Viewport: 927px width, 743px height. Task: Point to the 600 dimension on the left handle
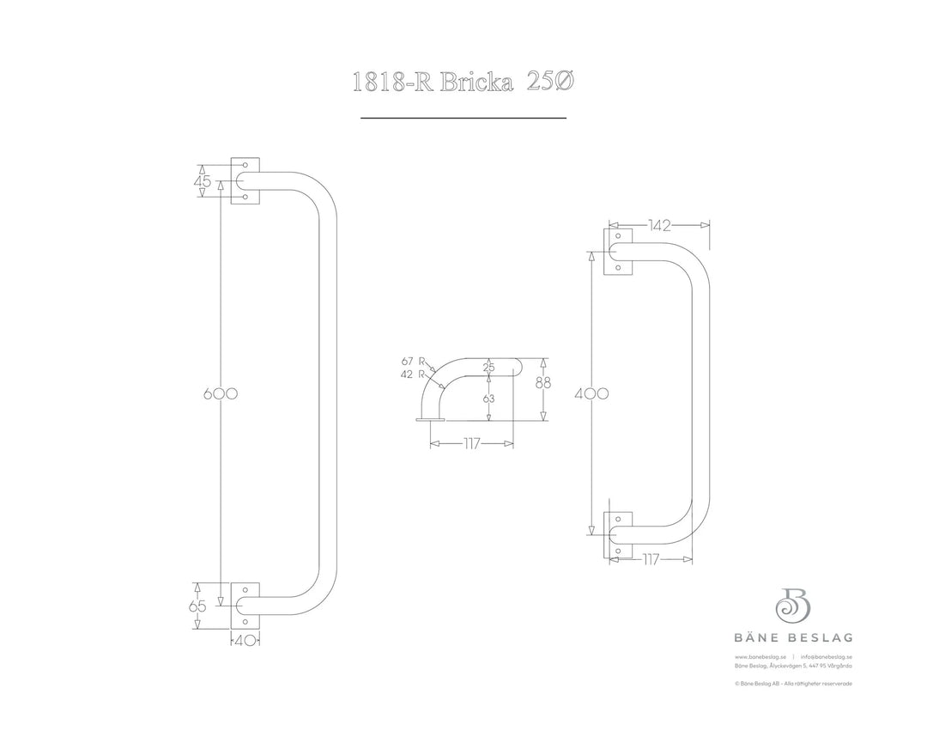pyautogui.click(x=220, y=393)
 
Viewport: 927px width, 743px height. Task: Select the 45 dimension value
pyautogui.click(x=203, y=182)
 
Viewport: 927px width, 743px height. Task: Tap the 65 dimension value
pyautogui.click(x=198, y=606)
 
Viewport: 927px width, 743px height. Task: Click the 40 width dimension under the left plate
pyautogui.click(x=245, y=639)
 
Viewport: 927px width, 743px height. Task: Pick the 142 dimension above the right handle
pyautogui.click(x=659, y=226)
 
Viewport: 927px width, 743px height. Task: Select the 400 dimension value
pyautogui.click(x=592, y=393)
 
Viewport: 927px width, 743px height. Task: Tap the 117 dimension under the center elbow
pyautogui.click(x=470, y=444)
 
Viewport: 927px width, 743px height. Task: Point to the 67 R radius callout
pyautogui.click(x=414, y=362)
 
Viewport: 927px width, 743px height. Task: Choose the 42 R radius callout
pyautogui.click(x=414, y=375)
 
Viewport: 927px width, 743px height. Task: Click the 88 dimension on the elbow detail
pyautogui.click(x=542, y=384)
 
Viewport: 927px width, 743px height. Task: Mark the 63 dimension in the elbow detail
pyautogui.click(x=488, y=399)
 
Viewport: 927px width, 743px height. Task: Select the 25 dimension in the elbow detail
pyautogui.click(x=488, y=368)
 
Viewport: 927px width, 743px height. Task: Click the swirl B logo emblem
pyautogui.click(x=793, y=605)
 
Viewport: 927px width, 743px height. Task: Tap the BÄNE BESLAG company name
pyautogui.click(x=793, y=637)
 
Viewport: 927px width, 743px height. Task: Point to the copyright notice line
pyautogui.click(x=793, y=684)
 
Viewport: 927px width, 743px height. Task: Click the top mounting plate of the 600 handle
pyautogui.click(x=245, y=181)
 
